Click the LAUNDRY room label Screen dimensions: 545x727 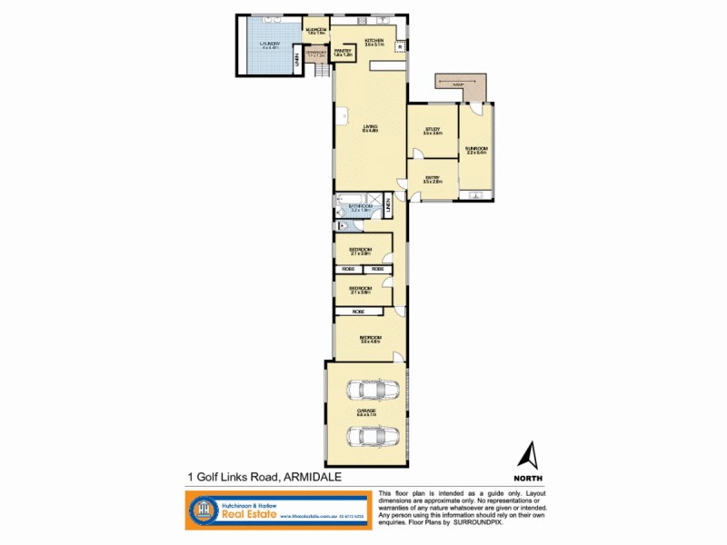[270, 45]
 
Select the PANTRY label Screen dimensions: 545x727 [343, 53]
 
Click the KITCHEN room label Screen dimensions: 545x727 [374, 42]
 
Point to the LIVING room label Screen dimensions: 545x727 [369, 128]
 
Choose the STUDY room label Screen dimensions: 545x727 [433, 133]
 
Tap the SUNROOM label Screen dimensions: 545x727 [476, 150]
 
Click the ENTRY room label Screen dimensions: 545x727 [432, 180]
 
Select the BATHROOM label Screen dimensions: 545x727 [361, 209]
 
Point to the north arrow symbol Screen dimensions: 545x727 [529, 453]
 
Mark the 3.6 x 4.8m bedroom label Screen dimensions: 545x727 [369, 340]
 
